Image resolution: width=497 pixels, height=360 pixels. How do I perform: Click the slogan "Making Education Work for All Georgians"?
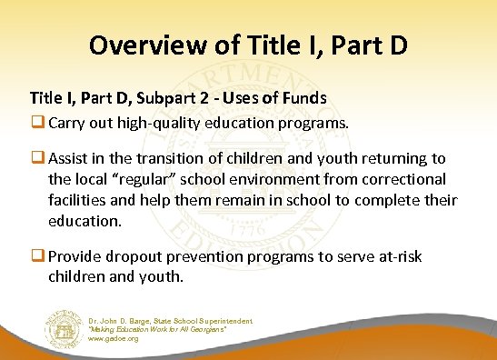[169, 329]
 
